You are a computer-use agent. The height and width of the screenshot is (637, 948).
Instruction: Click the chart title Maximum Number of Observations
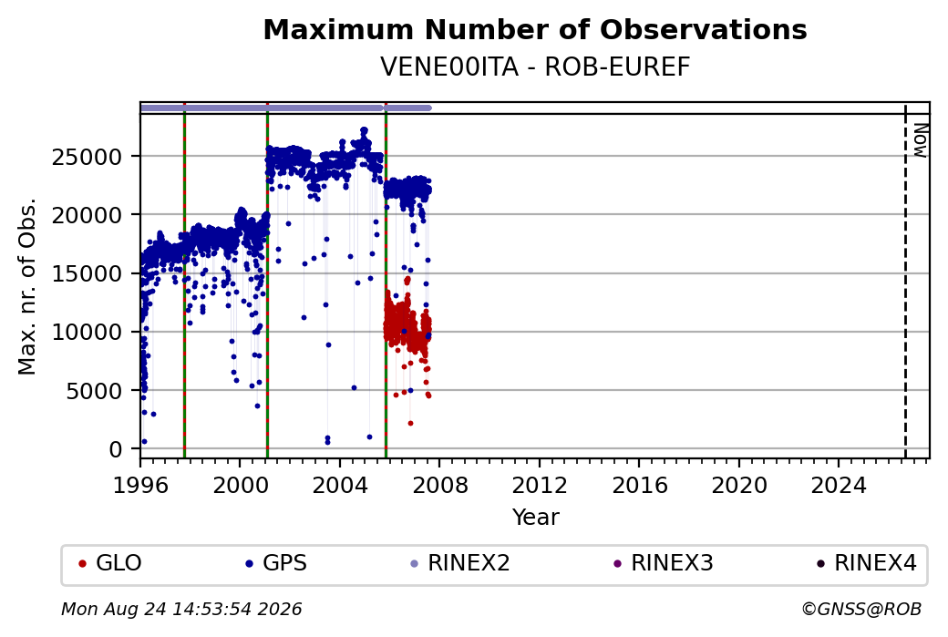535,29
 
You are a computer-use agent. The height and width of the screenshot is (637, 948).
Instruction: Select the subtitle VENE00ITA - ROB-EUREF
535,67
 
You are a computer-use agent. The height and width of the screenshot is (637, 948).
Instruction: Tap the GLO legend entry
110,563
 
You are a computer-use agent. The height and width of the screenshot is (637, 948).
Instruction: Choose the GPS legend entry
276,563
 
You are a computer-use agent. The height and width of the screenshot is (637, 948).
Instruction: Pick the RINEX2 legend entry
460,563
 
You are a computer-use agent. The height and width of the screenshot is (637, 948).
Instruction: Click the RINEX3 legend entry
664,563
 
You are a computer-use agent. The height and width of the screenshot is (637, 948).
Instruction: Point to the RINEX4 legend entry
866,563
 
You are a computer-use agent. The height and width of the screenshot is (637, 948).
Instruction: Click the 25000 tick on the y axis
88,157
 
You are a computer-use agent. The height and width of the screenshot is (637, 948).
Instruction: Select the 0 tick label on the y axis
116,449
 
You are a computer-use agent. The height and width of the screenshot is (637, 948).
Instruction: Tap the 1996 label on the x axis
140,486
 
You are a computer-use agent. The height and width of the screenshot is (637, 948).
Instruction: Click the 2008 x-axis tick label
439,486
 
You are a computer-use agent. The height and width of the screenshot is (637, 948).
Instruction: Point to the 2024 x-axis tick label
839,486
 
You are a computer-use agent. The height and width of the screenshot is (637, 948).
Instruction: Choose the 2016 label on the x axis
639,486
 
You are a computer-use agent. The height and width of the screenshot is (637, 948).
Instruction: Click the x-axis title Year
535,518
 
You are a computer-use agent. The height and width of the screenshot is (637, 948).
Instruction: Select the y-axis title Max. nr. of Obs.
27,286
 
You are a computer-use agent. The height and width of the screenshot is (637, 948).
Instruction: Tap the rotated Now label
920,140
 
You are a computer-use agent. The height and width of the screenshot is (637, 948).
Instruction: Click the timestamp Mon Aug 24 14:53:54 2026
181,609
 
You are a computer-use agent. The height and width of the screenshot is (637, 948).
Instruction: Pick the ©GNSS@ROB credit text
861,609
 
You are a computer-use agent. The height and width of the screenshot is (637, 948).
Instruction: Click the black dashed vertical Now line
905,282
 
